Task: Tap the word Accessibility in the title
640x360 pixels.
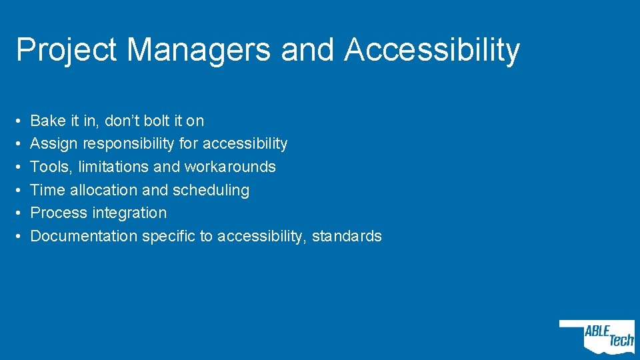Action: (431, 51)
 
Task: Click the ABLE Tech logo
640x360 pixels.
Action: (598, 336)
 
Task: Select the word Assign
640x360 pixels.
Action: (54, 144)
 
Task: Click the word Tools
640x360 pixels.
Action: (49, 167)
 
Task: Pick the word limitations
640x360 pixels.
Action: (111, 167)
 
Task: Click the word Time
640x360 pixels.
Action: (47, 190)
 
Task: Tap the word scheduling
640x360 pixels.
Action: (211, 191)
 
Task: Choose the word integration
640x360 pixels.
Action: (130, 213)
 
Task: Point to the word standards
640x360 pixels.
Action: (347, 236)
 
